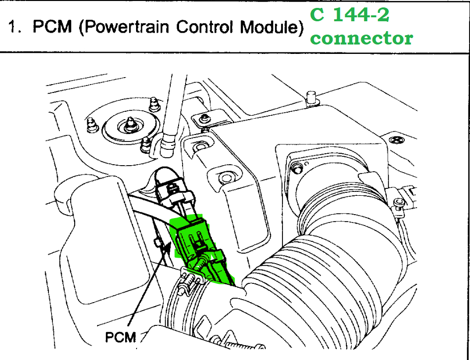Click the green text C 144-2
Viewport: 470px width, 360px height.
pos(349,14)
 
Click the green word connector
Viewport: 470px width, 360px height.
pos(362,38)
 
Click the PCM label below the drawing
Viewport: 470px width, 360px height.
pos(121,337)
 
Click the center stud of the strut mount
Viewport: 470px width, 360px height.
pos(130,124)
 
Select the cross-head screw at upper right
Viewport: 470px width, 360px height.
pos(396,139)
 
